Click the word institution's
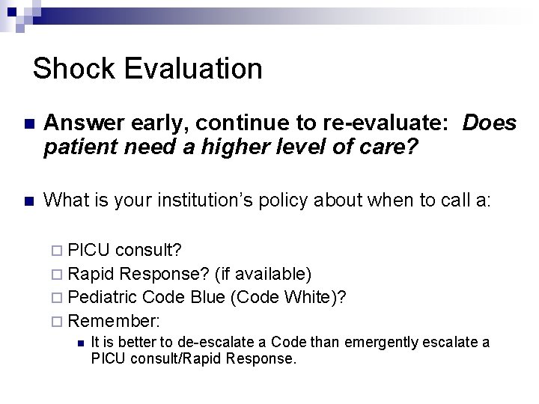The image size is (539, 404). [222, 201]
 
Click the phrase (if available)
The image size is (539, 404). [264, 273]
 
